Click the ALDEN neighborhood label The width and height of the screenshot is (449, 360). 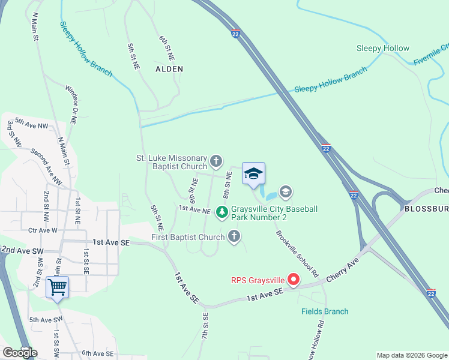coord(169,69)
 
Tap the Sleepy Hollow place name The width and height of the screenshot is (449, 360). coord(383,48)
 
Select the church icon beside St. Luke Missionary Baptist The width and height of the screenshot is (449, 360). coord(216,161)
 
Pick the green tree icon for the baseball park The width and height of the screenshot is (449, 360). coord(222,212)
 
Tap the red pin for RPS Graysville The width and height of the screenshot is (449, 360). coord(294,279)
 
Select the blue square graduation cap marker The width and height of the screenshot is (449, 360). coord(253,174)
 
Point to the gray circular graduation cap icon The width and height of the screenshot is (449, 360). coord(285,192)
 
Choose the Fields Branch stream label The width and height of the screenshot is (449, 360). coord(325,311)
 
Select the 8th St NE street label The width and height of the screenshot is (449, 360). coord(227,185)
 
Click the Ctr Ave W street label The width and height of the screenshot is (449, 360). coord(43,230)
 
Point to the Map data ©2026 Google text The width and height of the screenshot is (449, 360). coord(412,355)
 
